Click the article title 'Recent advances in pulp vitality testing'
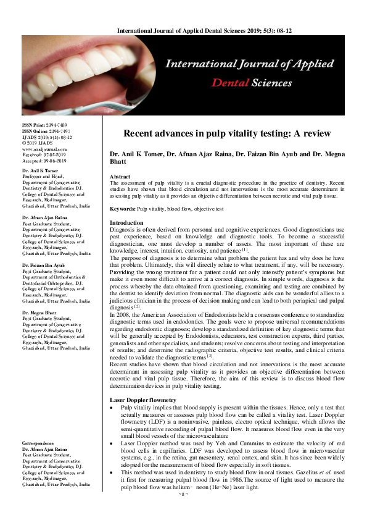[x=227, y=133]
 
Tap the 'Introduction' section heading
[x=126, y=222]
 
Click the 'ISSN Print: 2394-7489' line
[x=45, y=125]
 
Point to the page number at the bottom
[x=183, y=512]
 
